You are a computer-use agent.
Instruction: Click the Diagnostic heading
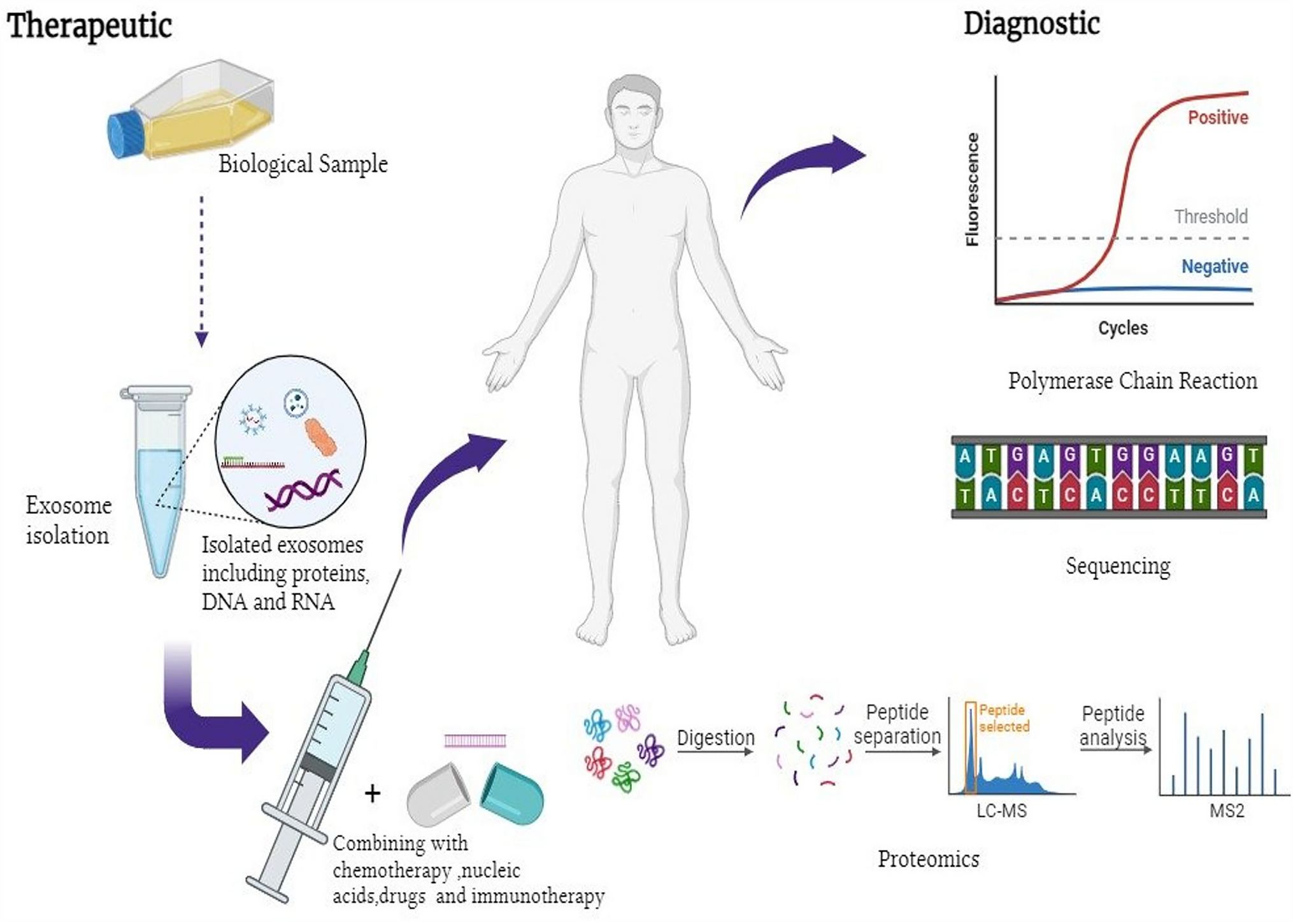pos(1031,24)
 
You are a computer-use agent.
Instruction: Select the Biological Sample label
pos(303,164)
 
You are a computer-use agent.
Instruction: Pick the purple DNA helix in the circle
pos(303,491)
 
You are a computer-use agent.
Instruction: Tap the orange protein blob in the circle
pos(320,436)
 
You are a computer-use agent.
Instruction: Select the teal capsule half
pos(513,793)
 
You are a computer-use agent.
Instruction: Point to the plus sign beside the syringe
pos(373,793)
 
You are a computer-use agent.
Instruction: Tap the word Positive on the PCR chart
pos(1217,118)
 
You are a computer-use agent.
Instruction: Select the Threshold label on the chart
pos(1210,217)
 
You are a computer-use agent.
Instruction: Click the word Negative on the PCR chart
pos(1214,266)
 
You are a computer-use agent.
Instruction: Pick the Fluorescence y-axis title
pos(972,189)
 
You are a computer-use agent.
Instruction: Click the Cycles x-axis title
pos(1122,328)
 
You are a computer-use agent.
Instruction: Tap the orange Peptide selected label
pos(1003,718)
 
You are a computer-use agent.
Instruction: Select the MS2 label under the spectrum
pos(1226,811)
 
